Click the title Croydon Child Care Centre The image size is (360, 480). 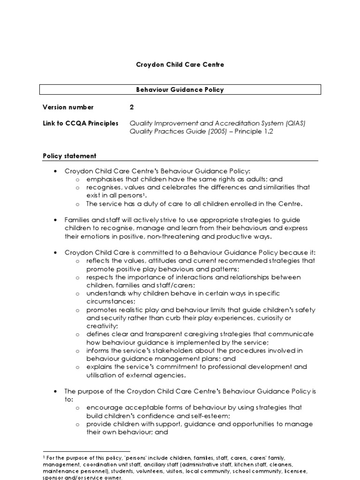pos(180,64)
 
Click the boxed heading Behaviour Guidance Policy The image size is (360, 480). pos(180,90)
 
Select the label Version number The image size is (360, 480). pos(68,107)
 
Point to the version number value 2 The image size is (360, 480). pos(132,107)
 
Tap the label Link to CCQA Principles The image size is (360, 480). pos(80,123)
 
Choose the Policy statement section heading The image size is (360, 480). pos(69,156)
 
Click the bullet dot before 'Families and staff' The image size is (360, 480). pos(55,220)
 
